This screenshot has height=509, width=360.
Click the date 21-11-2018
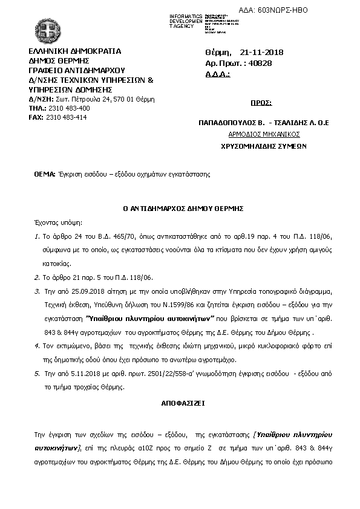(x=261, y=53)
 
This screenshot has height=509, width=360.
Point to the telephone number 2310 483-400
(x=67, y=108)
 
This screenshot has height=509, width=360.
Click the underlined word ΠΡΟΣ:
(x=261, y=103)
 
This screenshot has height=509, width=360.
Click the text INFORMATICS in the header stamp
(x=186, y=15)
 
